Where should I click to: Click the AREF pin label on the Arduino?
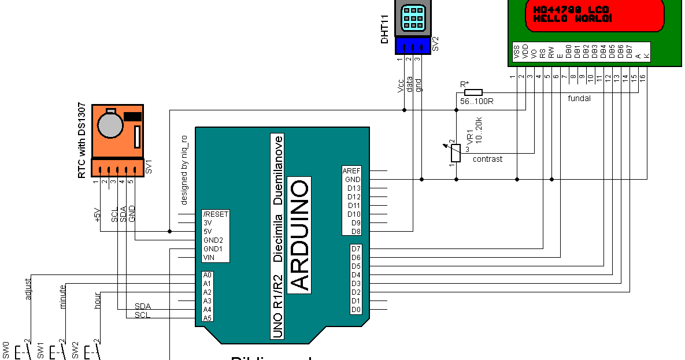pyautogui.click(x=351, y=171)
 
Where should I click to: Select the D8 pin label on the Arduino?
pyautogui.click(x=356, y=231)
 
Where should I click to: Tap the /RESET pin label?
pyautogui.click(x=216, y=214)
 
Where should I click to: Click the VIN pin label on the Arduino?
pyautogui.click(x=209, y=257)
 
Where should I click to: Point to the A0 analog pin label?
pyautogui.click(x=208, y=275)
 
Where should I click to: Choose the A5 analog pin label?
pyautogui.click(x=208, y=318)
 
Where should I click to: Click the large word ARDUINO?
pyautogui.click(x=299, y=234)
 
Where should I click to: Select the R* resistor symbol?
pyautogui.click(x=473, y=92)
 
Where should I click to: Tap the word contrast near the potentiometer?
pyautogui.click(x=487, y=159)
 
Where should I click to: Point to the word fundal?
pyautogui.click(x=579, y=98)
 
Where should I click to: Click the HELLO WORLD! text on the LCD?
pyautogui.click(x=572, y=18)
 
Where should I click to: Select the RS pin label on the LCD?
pyautogui.click(x=543, y=52)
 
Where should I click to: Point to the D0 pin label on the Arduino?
pyautogui.click(x=356, y=310)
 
